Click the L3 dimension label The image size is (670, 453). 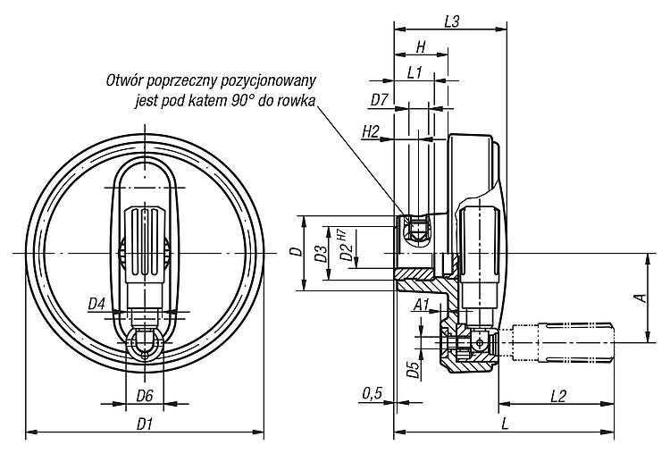452,21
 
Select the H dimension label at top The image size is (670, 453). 421,47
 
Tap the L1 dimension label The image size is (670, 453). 414,73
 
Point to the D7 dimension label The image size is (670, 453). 379,100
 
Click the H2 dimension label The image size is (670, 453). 371,132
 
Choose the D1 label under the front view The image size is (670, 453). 145,424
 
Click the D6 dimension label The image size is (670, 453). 145,396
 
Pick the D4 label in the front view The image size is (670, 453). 96,305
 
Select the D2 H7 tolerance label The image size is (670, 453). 345,246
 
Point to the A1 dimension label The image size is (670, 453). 422,305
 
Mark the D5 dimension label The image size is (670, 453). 413,370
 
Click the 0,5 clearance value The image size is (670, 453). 373,394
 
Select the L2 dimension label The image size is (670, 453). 557,396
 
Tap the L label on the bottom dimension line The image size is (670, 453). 505,424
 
